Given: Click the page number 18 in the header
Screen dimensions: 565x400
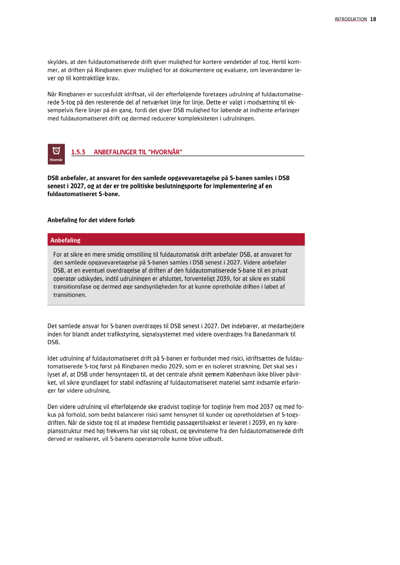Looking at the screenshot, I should click(x=373, y=19).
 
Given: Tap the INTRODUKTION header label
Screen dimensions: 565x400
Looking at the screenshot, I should click(x=351, y=19).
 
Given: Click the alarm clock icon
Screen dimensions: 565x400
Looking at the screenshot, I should click(x=56, y=150).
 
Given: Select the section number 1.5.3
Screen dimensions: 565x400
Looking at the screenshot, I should click(x=78, y=152).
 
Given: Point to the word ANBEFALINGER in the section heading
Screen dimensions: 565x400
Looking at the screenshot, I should click(x=116, y=152).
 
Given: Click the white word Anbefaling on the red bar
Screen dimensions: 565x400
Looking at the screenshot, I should click(x=65, y=240).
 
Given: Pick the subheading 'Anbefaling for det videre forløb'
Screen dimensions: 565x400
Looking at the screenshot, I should click(x=91, y=220).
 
